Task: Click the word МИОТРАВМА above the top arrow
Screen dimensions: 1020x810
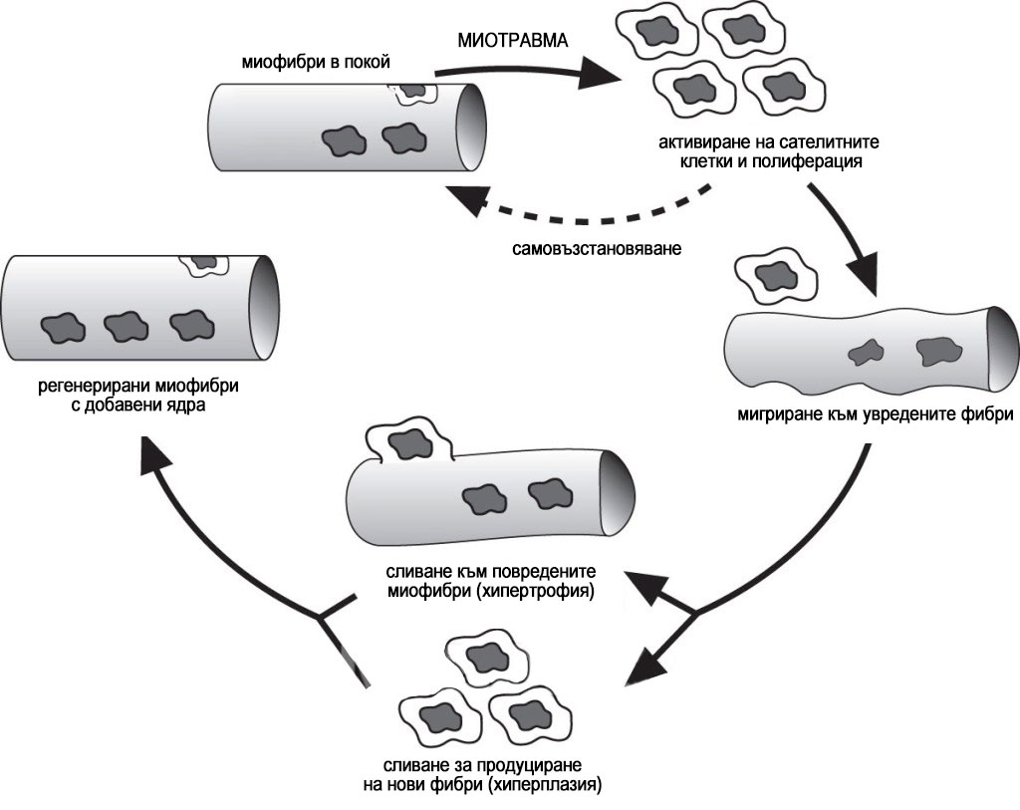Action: coord(513,40)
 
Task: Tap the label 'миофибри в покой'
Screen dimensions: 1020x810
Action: coord(316,63)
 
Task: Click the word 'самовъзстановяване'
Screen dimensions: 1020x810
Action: coord(597,248)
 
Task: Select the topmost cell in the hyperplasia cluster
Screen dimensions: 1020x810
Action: coord(482,657)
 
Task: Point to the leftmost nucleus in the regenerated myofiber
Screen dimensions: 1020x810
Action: coord(63,327)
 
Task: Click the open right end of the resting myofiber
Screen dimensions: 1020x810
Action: coord(471,128)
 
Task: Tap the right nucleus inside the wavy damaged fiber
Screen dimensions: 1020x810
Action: coord(938,352)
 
